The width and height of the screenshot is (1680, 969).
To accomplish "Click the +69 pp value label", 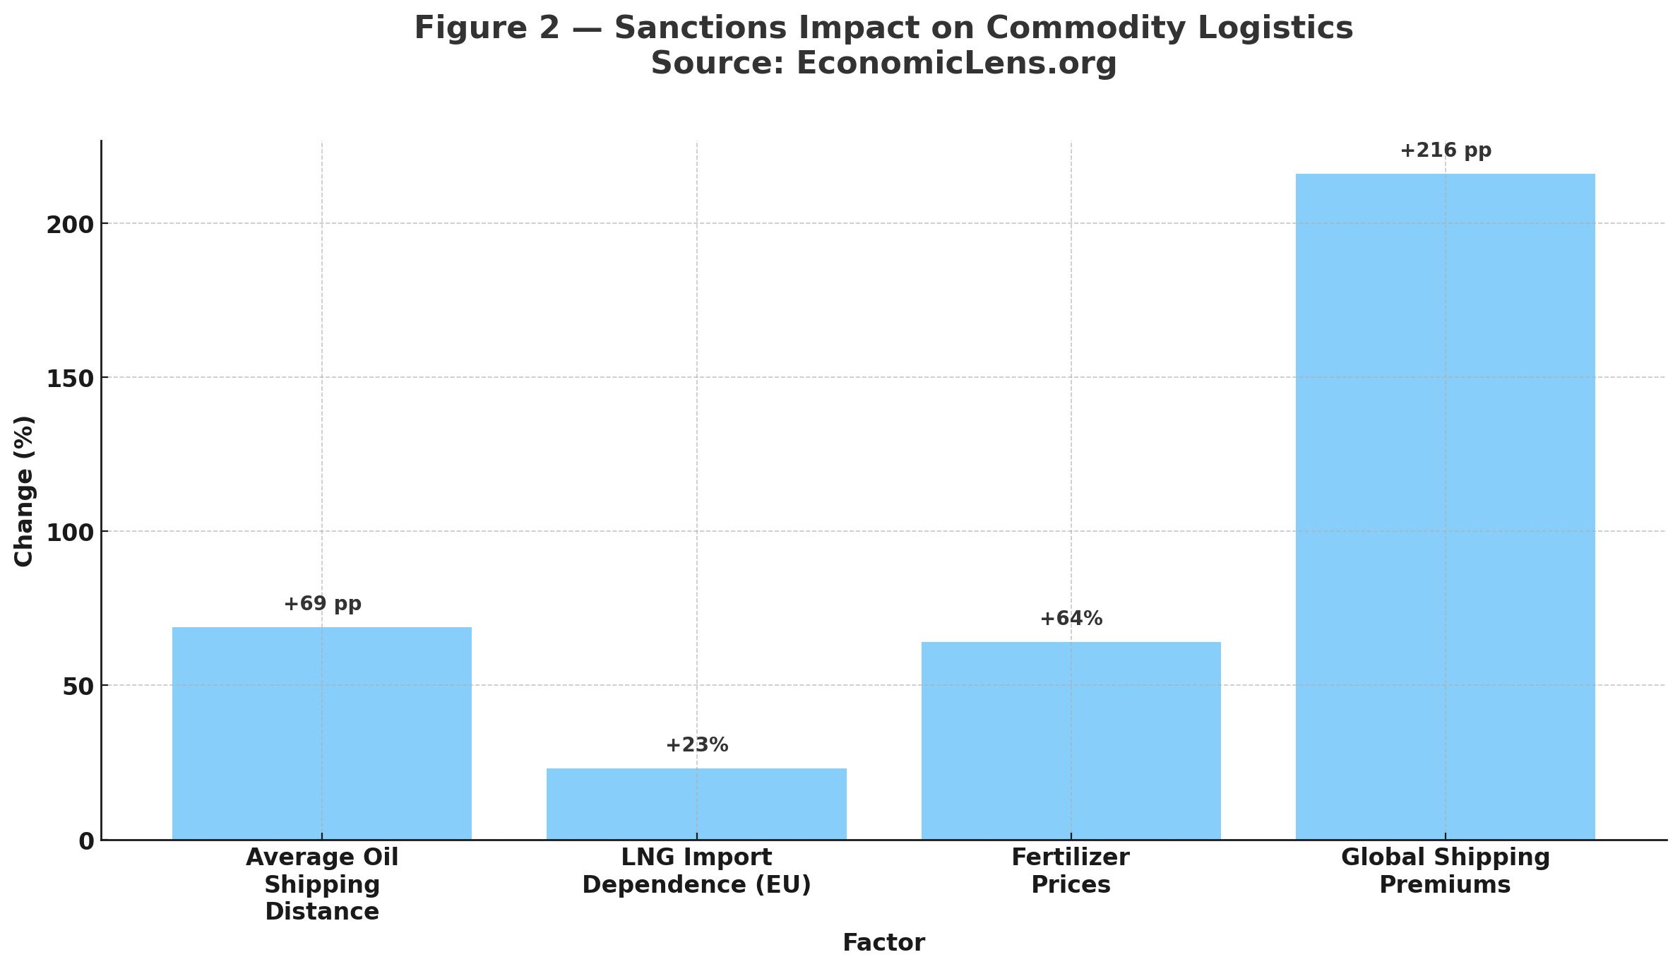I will click(323, 605).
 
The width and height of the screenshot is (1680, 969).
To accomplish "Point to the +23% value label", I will click(696, 745).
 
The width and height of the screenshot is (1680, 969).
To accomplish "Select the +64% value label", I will click(1071, 619).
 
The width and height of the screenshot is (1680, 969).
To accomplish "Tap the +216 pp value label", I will click(1446, 151).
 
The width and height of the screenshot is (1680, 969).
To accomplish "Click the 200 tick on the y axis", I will click(70, 225).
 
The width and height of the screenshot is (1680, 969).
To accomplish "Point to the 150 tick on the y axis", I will click(70, 379).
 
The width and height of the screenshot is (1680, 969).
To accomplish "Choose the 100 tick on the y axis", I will click(70, 533).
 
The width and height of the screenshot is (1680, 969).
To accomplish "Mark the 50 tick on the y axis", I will click(78, 687).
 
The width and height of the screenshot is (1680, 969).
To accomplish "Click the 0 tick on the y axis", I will click(86, 841).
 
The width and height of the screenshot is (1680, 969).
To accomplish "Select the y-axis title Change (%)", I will click(25, 491).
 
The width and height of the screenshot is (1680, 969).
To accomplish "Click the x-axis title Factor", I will click(883, 943).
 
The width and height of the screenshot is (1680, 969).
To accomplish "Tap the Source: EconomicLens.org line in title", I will click(883, 64).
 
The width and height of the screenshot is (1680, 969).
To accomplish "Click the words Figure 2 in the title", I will click(487, 29).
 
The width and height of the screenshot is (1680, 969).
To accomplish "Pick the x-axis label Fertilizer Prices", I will click(1071, 871).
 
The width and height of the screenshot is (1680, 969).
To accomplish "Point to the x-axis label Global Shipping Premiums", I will click(1445, 871).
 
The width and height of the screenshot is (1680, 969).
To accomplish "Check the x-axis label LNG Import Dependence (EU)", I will click(696, 871).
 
